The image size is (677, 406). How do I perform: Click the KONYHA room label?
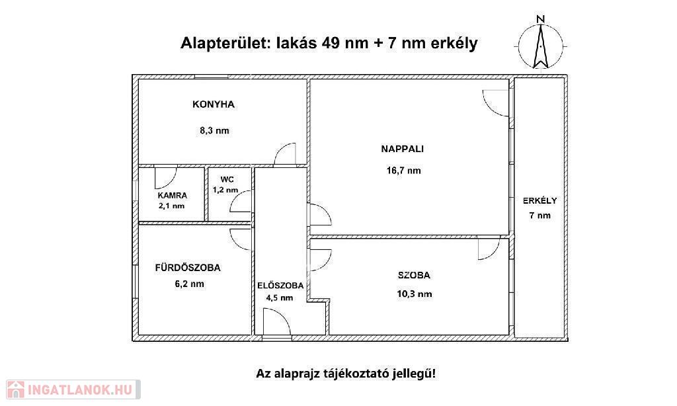(214, 104)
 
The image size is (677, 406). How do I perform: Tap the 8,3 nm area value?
(214, 130)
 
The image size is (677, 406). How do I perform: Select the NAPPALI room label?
(403, 149)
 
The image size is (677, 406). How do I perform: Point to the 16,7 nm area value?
(404, 171)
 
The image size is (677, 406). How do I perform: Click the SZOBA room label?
(414, 275)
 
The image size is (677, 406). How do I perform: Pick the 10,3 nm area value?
(415, 294)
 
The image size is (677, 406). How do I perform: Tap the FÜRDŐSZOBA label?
(188, 268)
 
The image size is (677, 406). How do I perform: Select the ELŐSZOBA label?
(280, 286)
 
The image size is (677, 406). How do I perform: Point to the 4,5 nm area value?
(280, 298)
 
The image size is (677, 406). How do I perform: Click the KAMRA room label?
(173, 196)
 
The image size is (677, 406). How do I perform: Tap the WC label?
(227, 180)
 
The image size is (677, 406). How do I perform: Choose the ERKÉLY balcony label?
(539, 201)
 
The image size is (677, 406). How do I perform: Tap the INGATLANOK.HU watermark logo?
(73, 389)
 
